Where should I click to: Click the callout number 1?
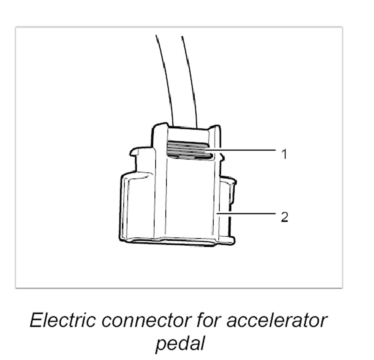[284, 154]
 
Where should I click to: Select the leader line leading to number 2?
[246, 213]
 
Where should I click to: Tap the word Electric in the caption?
[62, 320]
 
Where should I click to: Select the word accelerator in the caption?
[276, 320]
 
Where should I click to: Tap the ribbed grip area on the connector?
[189, 149]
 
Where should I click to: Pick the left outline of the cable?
[165, 78]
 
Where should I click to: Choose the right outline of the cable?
[190, 78]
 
